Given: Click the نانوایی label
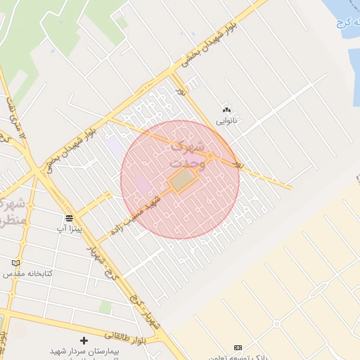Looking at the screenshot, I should click(x=226, y=121).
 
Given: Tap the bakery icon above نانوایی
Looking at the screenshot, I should click(x=226, y=110).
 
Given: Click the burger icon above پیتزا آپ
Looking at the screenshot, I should click(x=69, y=218).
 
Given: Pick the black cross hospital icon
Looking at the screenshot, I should click(x=84, y=340).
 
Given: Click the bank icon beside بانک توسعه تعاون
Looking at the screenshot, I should click(x=238, y=347).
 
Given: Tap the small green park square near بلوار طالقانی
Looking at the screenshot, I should click(x=105, y=308).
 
